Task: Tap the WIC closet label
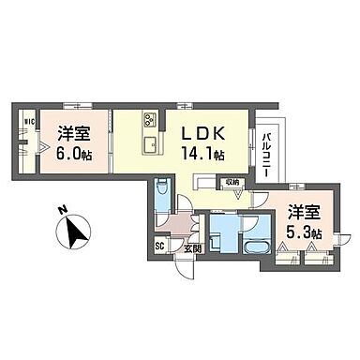click(x=28, y=121)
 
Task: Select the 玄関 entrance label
click(x=192, y=248)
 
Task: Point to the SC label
click(x=160, y=247)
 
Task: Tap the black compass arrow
click(x=76, y=232)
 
